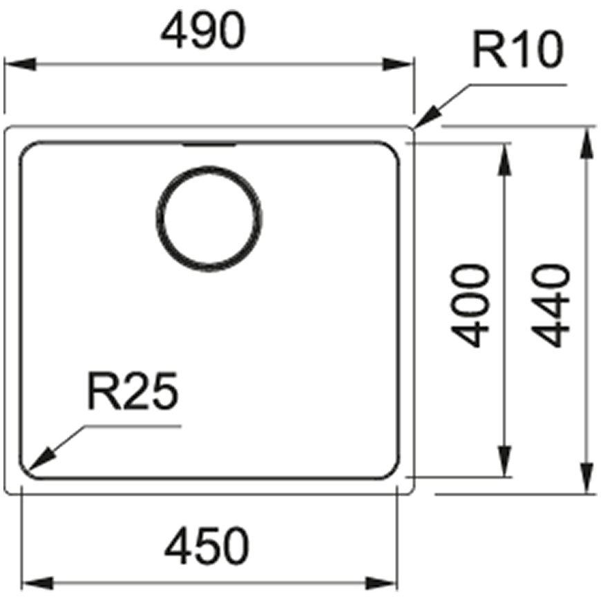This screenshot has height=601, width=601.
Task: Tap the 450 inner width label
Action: (207, 546)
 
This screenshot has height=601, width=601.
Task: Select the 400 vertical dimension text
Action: (470, 305)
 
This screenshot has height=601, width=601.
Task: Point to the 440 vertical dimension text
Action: (551, 305)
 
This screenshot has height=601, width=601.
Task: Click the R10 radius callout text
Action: (518, 50)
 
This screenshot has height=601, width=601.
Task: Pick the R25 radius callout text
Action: (133, 390)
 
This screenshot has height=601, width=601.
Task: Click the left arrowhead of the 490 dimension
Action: (20, 64)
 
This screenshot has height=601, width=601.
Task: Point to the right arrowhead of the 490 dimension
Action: (397, 64)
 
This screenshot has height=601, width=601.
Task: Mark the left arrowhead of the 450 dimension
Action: (37, 583)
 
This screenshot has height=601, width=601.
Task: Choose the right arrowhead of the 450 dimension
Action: (381, 583)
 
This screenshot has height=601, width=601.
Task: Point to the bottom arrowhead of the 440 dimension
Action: (586, 477)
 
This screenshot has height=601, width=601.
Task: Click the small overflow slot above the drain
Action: (209, 145)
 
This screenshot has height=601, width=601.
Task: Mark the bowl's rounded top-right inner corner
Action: (393, 149)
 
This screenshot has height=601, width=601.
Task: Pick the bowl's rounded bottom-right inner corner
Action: (393, 473)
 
